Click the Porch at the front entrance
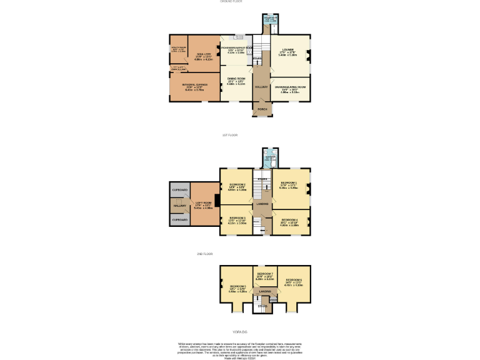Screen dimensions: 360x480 262,109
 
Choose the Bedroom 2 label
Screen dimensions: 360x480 236,185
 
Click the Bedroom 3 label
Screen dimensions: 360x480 237,219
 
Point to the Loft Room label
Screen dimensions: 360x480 204,202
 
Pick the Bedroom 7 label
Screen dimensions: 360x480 265,274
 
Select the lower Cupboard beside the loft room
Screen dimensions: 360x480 180,220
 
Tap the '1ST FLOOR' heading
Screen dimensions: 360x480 231,135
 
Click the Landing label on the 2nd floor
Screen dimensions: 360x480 265,291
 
